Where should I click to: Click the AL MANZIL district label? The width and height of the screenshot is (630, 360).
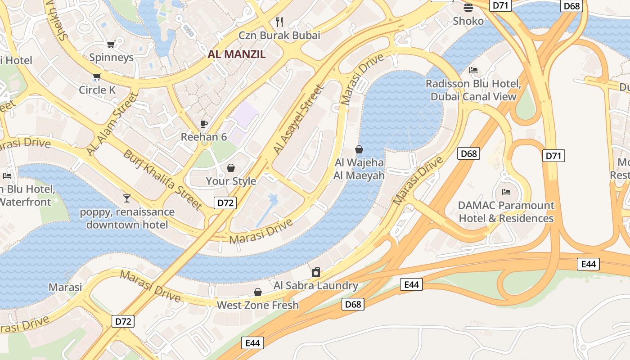[x=237, y=54]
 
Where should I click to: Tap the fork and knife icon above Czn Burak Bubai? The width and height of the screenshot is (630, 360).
[x=279, y=22]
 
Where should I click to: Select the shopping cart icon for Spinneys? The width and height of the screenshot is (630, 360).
[x=111, y=44]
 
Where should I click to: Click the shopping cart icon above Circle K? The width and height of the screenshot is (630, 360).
[x=97, y=76]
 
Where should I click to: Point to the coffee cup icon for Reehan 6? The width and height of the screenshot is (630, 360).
[x=204, y=124]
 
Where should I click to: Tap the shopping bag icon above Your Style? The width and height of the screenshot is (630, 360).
[x=231, y=168]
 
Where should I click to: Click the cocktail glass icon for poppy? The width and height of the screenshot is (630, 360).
[x=127, y=198]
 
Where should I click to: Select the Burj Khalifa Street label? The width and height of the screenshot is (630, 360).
[x=162, y=180]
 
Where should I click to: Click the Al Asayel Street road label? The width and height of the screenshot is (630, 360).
[x=298, y=120]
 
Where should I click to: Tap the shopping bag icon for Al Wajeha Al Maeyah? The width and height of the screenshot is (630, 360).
[x=359, y=149]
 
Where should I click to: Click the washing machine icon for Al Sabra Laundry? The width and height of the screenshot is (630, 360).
[x=316, y=272]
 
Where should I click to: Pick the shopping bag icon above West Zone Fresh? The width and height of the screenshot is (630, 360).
[x=258, y=292]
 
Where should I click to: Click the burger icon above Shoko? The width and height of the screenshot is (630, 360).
[x=468, y=8]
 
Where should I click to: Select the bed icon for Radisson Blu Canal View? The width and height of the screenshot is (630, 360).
[x=473, y=70]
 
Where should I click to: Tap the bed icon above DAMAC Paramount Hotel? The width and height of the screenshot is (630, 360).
[x=506, y=192]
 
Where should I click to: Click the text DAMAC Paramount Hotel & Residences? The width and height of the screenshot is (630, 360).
[x=506, y=212]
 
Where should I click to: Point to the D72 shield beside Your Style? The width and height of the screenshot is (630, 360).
[x=225, y=203]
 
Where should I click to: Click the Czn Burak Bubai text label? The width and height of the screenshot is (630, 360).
[x=279, y=35]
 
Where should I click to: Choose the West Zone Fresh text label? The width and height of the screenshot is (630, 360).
[x=258, y=305]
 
